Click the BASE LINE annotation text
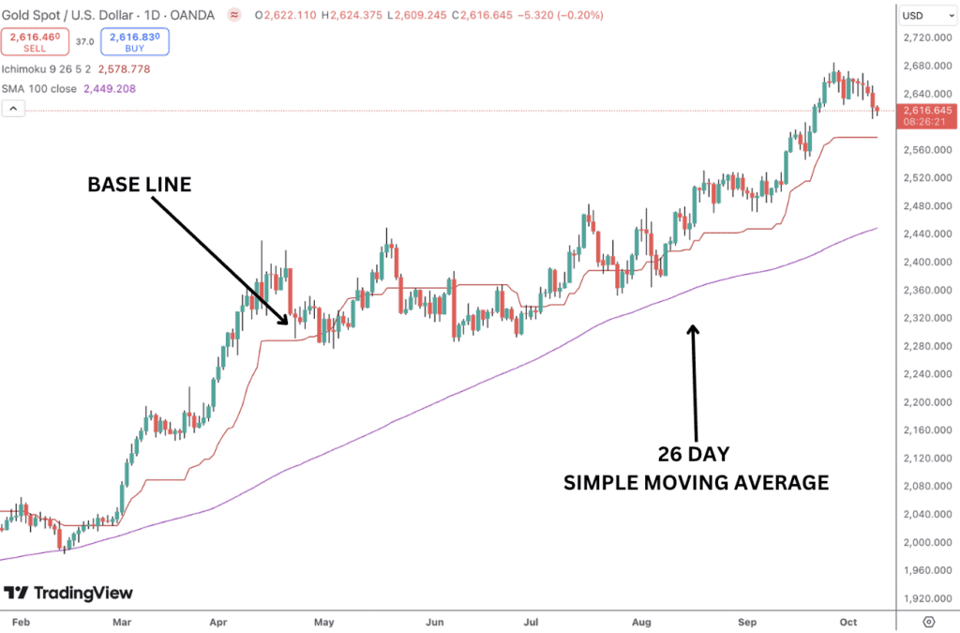click(x=140, y=185)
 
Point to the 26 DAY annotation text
click(x=695, y=456)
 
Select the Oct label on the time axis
click(x=847, y=621)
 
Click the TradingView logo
click(x=68, y=593)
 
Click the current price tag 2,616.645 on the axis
click(x=927, y=111)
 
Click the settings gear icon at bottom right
click(x=928, y=621)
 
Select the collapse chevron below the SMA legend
click(x=13, y=109)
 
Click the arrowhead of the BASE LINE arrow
click(x=286, y=322)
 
